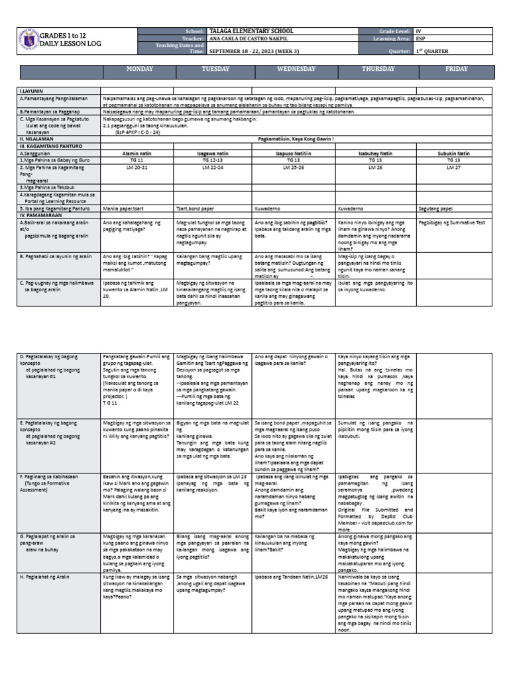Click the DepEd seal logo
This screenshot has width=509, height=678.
(x=28, y=40)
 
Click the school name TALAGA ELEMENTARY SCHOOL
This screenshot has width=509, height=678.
(x=251, y=31)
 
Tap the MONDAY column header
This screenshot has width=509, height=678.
(x=140, y=70)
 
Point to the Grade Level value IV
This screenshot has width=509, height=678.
(x=418, y=31)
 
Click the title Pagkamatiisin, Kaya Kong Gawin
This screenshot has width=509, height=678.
(x=295, y=138)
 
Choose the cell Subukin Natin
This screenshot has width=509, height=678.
(x=453, y=152)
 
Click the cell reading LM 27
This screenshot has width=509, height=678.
(x=453, y=168)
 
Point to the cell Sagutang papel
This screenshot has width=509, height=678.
(x=437, y=208)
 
